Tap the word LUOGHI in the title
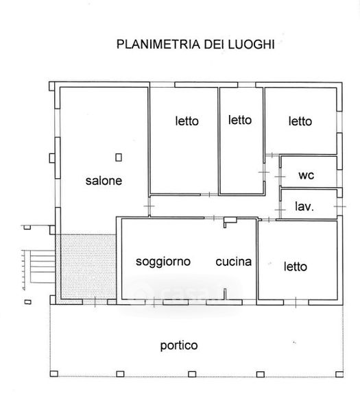pyautogui.click(x=251, y=44)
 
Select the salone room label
pyautogui.click(x=104, y=181)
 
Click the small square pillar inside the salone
pyautogui.click(x=119, y=158)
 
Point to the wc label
pyautogui.click(x=307, y=175)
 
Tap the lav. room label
pyautogui.click(x=304, y=206)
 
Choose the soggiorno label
pyautogui.click(x=163, y=262)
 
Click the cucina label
pyautogui.click(x=234, y=262)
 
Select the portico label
pyautogui.click(x=179, y=345)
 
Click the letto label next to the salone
pyautogui.click(x=187, y=121)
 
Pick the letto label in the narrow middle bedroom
pyautogui.click(x=240, y=120)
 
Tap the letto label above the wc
pyautogui.click(x=300, y=121)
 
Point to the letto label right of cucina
pyautogui.click(x=296, y=266)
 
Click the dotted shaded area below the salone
pyautogui.click(x=88, y=267)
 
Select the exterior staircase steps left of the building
pyautogui.click(x=43, y=266)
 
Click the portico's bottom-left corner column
pyautogui.click(x=53, y=373)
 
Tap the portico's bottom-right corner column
pyautogui.click(x=339, y=374)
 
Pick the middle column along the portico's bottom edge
pyautogui.click(x=192, y=374)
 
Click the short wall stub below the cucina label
pyautogui.click(x=225, y=294)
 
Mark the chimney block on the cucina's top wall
pyautogui.click(x=230, y=221)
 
